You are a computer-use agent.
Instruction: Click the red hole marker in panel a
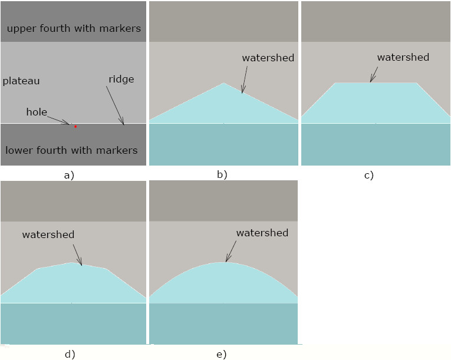tap(75, 126)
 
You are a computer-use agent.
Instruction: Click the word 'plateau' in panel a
tap(21, 81)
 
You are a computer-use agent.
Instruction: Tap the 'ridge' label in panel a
tap(121, 79)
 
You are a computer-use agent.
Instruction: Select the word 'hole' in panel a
tap(37, 111)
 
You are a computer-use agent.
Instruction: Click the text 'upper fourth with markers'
tap(74, 28)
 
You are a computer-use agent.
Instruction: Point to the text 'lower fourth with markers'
tap(71, 150)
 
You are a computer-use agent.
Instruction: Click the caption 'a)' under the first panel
tap(69, 174)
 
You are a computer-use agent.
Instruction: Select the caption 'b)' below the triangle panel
tap(222, 174)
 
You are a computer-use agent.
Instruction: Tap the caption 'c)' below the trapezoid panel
tap(368, 175)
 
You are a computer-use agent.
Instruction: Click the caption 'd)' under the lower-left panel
tap(70, 354)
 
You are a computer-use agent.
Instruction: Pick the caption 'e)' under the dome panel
tap(221, 354)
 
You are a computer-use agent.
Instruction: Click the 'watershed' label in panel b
tap(268, 58)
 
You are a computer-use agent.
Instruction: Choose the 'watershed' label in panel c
tap(403, 57)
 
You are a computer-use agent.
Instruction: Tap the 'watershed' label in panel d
tap(48, 235)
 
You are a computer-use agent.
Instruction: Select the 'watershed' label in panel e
tap(262, 233)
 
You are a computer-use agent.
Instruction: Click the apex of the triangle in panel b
tap(223, 83)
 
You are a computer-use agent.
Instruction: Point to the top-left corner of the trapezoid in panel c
tap(335, 83)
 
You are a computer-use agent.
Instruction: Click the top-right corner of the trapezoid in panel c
tap(417, 83)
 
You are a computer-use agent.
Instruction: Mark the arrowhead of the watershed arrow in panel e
tap(226, 261)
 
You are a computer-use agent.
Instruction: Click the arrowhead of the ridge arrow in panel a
tap(124, 125)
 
